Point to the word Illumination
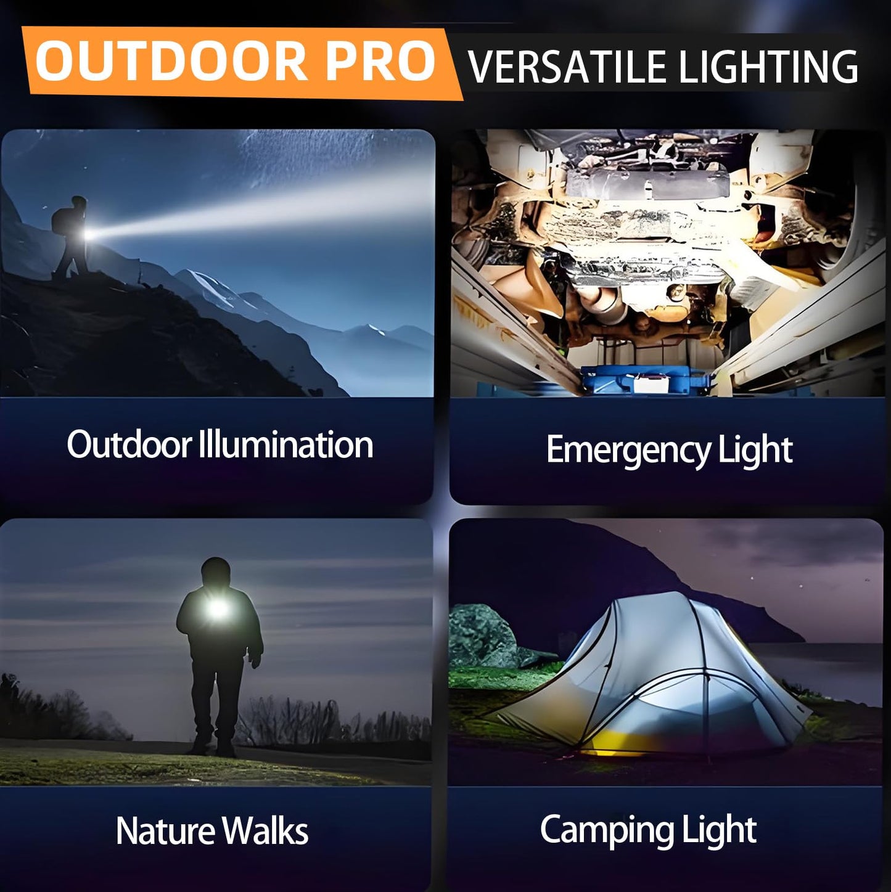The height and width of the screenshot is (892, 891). click(x=285, y=444)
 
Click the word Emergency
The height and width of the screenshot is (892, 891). click(x=628, y=450)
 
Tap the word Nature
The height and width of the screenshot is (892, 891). click(x=165, y=830)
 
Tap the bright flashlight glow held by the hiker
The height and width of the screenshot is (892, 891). click(x=89, y=235)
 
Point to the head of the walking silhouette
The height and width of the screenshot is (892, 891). click(x=215, y=573)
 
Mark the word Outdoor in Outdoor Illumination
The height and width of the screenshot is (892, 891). click(x=129, y=444)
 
